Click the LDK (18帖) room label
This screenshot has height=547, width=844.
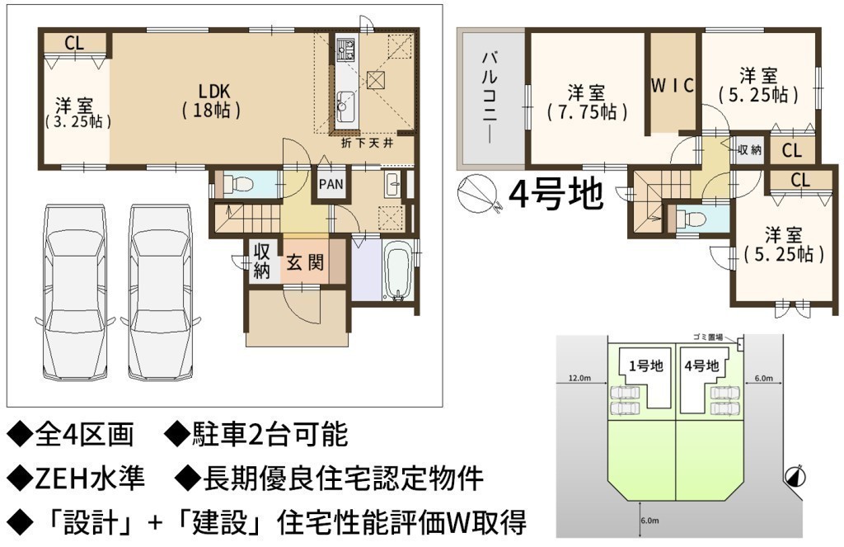(211, 101)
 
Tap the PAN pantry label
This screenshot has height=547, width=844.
(331, 184)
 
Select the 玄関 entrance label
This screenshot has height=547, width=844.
(305, 263)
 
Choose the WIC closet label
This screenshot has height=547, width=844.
(673, 86)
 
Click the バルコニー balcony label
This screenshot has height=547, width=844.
(490, 97)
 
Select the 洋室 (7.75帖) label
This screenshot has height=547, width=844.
(587, 102)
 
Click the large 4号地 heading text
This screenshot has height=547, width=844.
(556, 194)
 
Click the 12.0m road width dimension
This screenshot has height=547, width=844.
(579, 378)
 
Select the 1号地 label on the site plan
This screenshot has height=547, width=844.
(646, 366)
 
